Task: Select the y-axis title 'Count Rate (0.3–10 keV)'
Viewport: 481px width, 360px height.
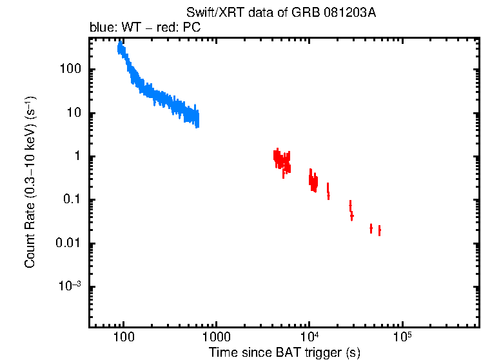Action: click(30, 182)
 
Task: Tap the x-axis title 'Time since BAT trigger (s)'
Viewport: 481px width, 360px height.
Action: click(284, 352)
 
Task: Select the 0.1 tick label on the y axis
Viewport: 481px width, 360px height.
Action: click(70, 200)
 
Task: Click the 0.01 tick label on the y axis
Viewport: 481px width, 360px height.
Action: click(67, 244)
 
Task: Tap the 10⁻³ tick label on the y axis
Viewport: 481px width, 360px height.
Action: click(70, 286)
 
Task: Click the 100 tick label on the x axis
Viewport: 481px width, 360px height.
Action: click(123, 337)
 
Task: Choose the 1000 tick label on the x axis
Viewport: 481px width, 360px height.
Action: click(216, 337)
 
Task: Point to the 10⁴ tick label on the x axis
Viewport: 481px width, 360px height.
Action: click(309, 337)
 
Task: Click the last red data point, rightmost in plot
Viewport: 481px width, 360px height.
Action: click(379, 230)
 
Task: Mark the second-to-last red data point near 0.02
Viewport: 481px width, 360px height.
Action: click(371, 228)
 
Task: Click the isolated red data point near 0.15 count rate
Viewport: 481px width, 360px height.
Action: click(328, 191)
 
